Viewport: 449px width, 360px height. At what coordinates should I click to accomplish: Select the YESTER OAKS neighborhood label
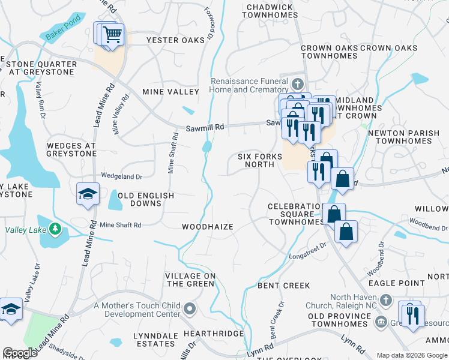(171, 40)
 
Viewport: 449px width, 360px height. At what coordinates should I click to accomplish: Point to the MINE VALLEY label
(170, 92)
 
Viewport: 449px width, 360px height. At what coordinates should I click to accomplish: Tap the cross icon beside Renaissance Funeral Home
(298, 82)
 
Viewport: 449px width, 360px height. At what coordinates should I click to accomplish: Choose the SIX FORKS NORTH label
(260, 160)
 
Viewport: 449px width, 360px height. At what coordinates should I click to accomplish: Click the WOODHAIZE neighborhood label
(207, 226)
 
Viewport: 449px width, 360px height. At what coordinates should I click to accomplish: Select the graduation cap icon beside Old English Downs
(87, 194)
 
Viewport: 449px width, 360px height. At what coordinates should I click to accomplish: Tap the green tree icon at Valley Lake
(55, 229)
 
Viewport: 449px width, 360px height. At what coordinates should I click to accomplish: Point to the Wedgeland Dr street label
(121, 176)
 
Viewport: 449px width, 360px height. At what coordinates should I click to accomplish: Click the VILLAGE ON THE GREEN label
(190, 280)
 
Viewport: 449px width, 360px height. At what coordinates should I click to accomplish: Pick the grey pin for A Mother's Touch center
(190, 309)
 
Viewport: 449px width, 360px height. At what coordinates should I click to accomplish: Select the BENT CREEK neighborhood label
(283, 286)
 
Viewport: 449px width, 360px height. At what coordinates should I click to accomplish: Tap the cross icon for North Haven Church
(386, 299)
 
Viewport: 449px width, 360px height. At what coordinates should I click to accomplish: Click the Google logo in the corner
(20, 353)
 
